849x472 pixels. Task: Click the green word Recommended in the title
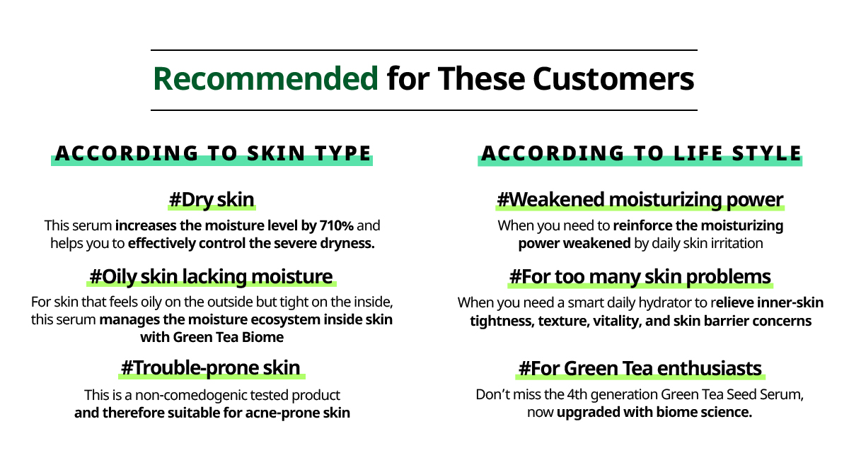(x=265, y=78)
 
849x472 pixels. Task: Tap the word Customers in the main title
(x=613, y=78)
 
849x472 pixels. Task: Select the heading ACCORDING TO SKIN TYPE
(x=213, y=153)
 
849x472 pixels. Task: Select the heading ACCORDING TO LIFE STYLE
(x=641, y=153)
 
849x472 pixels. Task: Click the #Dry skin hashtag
(x=212, y=200)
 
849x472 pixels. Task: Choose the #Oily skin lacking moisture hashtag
(x=211, y=277)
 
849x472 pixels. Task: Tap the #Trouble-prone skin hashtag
(x=211, y=368)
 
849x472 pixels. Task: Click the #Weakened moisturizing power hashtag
(x=640, y=200)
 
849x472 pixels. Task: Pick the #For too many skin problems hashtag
(x=640, y=277)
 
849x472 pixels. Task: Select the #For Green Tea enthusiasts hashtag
(x=640, y=369)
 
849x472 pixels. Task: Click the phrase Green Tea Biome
(x=228, y=337)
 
